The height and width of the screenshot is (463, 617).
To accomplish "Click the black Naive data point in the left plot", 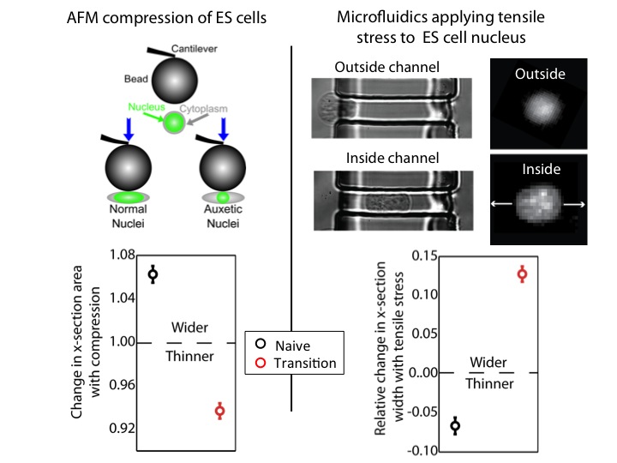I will click(x=153, y=274).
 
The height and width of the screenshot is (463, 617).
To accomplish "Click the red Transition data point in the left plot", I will click(x=220, y=411).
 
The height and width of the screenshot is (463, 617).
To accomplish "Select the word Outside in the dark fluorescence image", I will click(x=540, y=74).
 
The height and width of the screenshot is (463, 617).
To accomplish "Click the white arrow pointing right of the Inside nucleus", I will click(x=576, y=203).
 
